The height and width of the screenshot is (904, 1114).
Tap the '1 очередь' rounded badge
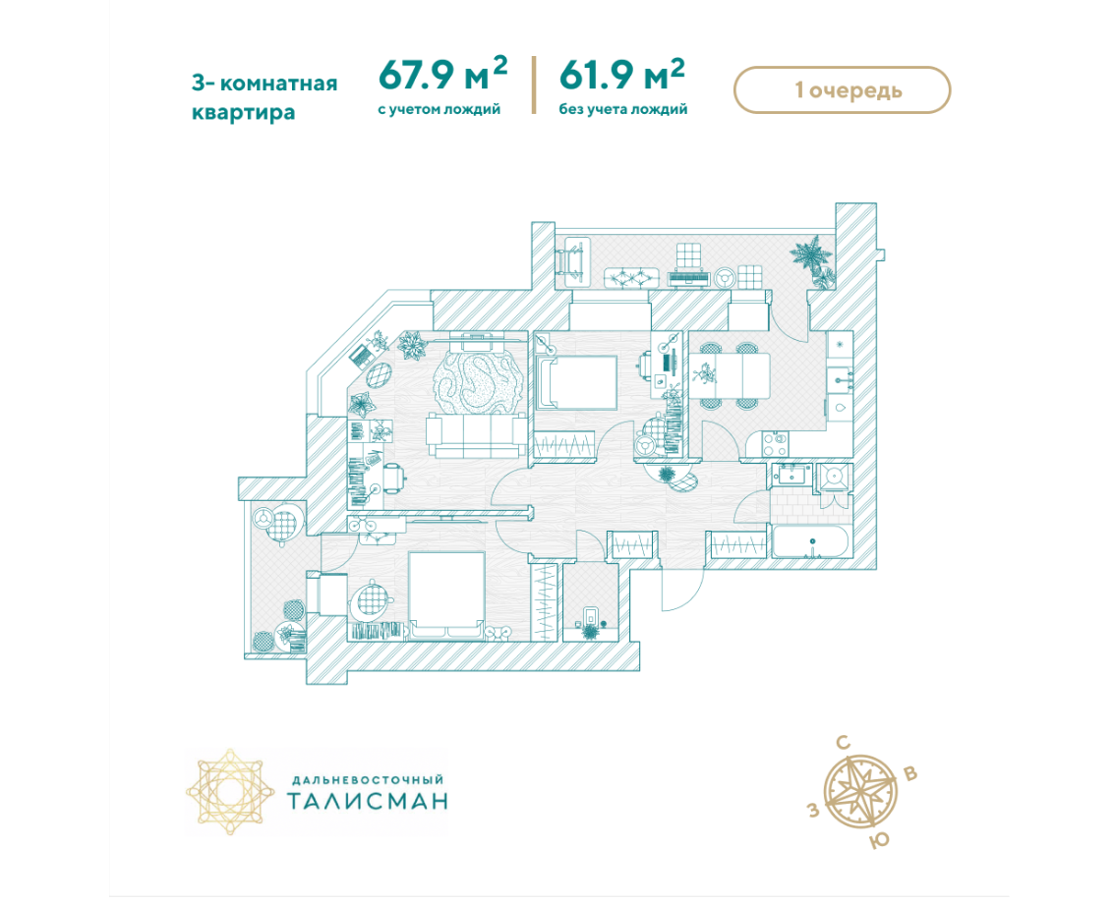842,90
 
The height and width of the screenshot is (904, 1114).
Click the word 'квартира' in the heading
243,112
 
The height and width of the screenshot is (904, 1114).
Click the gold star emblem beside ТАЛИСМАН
230,791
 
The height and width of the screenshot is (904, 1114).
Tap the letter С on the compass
844,744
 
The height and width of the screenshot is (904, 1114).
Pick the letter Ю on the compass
880,841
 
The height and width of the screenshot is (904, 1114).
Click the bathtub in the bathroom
810,543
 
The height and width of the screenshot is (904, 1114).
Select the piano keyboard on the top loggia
688,278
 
